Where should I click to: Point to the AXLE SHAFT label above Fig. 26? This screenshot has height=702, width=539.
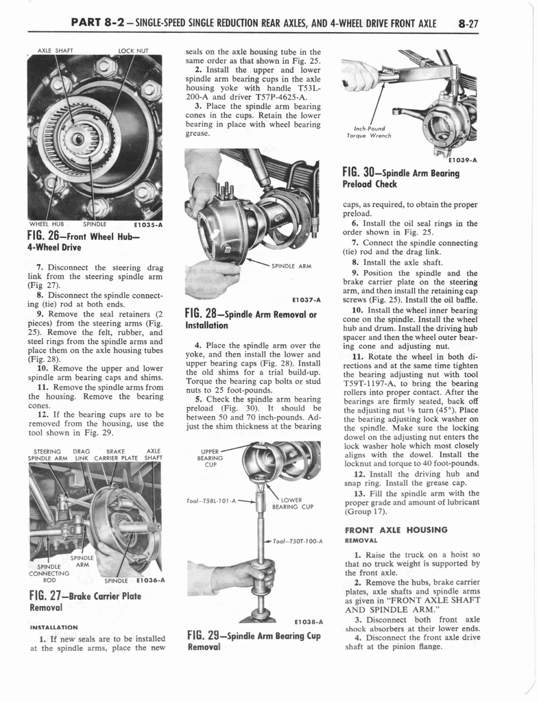click(55, 50)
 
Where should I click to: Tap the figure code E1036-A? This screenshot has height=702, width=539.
click(145, 581)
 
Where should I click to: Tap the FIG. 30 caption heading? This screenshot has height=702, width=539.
click(400, 178)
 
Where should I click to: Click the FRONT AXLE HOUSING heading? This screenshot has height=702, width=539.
click(396, 529)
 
